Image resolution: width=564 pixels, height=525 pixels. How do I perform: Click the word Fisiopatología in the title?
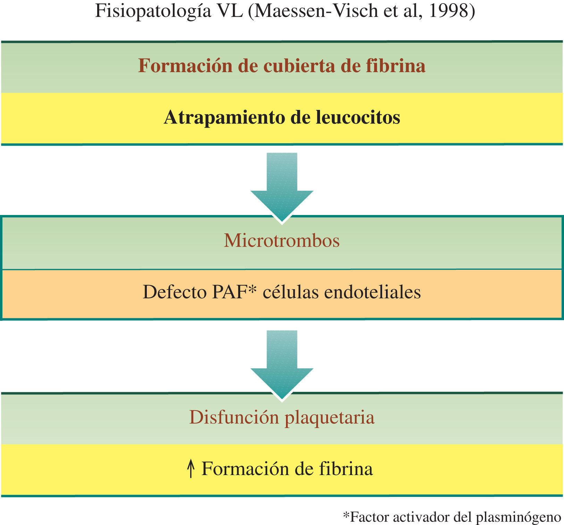(x=153, y=11)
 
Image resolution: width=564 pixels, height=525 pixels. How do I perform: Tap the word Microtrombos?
(x=281, y=240)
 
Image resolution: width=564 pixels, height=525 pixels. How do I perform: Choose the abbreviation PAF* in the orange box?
(x=234, y=292)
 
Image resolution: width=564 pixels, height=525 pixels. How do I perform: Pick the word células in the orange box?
(x=291, y=292)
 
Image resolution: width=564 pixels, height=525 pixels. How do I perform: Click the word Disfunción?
(x=234, y=417)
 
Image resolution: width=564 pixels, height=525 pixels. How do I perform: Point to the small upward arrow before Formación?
(x=190, y=468)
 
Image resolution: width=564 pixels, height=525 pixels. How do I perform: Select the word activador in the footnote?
(x=420, y=517)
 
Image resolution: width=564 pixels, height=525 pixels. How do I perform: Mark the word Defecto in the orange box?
(x=175, y=292)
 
